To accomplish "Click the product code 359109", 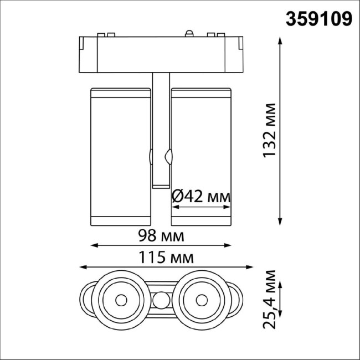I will click(318, 19).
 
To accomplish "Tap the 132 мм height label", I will click(270, 131).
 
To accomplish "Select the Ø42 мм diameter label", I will click(200, 196).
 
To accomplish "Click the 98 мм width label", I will click(161, 236).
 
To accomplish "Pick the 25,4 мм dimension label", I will click(270, 300).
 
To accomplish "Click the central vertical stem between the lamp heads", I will click(161, 133).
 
